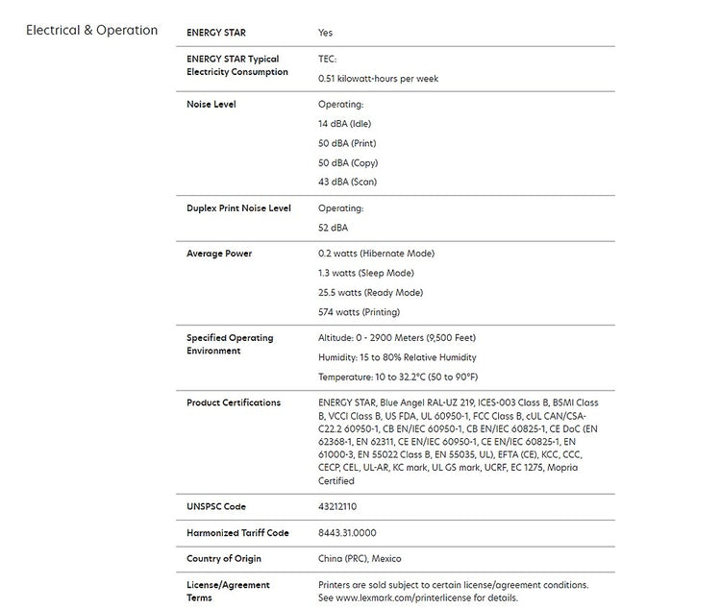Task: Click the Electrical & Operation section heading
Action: (91, 30)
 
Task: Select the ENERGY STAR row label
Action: (215, 33)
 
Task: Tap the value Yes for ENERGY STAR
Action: (325, 33)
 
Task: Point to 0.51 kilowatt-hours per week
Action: (378, 79)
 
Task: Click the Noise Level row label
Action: (211, 104)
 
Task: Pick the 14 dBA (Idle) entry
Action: (344, 124)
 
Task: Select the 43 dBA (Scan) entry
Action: (347, 183)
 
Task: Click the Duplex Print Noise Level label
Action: (238, 208)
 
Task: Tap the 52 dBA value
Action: (333, 229)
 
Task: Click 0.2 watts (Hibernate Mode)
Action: (376, 254)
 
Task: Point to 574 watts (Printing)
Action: (359, 312)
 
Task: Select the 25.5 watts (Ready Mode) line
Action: (370, 293)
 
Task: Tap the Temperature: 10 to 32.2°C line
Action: (397, 377)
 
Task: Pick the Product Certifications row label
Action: (234, 402)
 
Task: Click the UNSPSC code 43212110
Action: (337, 506)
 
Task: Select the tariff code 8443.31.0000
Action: (347, 532)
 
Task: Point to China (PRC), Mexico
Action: (360, 558)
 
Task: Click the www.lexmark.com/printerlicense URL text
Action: (410, 597)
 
